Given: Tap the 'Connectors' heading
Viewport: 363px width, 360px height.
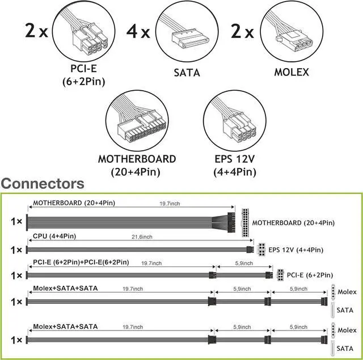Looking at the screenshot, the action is (x=43, y=183).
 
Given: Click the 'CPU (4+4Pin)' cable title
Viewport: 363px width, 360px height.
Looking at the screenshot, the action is (x=54, y=235).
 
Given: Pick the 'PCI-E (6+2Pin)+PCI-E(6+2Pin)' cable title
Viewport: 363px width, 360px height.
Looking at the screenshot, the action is (x=81, y=262).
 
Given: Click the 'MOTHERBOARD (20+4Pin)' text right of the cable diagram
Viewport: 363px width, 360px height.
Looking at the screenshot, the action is (x=293, y=222).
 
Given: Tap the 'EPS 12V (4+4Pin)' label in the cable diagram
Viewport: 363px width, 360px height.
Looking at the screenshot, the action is (x=296, y=249).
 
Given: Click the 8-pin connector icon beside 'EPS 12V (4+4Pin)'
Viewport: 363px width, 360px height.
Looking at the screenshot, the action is (x=261, y=249).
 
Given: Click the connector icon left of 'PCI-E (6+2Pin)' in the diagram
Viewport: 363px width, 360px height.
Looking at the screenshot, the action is (x=280, y=275).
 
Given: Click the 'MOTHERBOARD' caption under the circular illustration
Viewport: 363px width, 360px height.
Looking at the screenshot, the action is (x=137, y=159).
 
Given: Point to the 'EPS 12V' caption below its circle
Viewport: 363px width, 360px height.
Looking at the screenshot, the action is (x=234, y=159).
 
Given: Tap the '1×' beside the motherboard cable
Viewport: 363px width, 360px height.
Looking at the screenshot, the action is (x=16, y=221).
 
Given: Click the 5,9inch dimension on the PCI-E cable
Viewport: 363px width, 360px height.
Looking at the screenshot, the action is (x=243, y=263).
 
